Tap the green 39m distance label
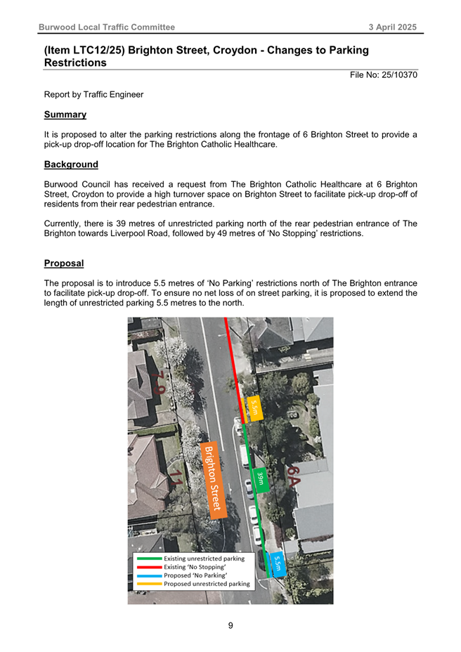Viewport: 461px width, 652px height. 260,478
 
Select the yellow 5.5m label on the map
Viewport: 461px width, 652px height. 254,407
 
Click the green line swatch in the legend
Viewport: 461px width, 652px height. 148,559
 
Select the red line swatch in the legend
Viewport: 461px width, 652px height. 148,567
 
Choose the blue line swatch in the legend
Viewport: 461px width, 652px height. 148,575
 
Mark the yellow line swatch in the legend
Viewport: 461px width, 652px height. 148,584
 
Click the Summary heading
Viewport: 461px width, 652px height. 65,114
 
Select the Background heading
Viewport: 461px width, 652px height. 70,164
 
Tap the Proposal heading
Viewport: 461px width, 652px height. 63,263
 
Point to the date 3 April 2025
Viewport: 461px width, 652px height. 393,27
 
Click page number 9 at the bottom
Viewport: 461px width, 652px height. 230,625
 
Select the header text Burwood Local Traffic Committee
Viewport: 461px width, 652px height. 106,27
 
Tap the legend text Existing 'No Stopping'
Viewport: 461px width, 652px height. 195,567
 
